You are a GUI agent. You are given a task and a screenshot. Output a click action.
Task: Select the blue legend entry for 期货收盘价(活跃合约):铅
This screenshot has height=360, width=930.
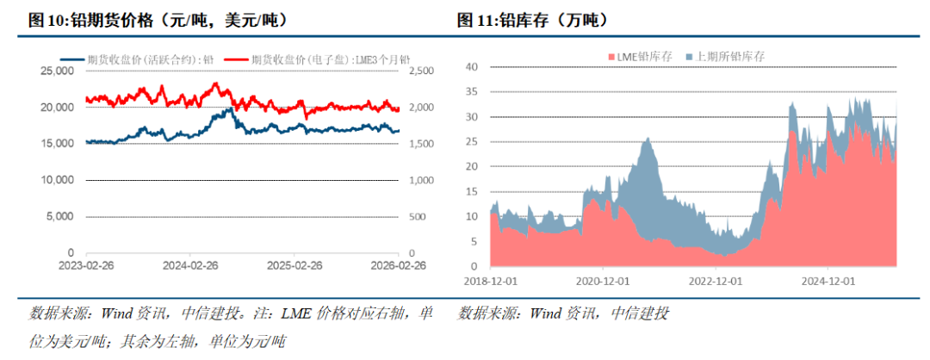pos(138,59)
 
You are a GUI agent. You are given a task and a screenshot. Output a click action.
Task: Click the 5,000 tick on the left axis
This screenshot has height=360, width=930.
pos(59,217)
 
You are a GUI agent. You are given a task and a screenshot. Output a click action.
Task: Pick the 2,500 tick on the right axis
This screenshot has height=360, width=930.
pos(421,71)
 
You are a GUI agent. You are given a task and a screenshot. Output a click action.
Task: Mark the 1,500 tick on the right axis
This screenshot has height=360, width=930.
pos(421,144)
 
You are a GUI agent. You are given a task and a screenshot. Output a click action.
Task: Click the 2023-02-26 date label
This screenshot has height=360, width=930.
pos(88,266)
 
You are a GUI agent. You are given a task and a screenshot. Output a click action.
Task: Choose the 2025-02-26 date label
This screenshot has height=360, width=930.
pos(294,266)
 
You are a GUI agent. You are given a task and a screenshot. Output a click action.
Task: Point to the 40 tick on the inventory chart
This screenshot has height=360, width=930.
pos(471,66)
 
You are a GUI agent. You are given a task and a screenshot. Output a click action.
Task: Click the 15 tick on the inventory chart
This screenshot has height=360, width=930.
pos(471,191)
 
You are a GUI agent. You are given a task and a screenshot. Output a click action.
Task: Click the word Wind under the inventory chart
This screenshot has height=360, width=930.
pos(549,313)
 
